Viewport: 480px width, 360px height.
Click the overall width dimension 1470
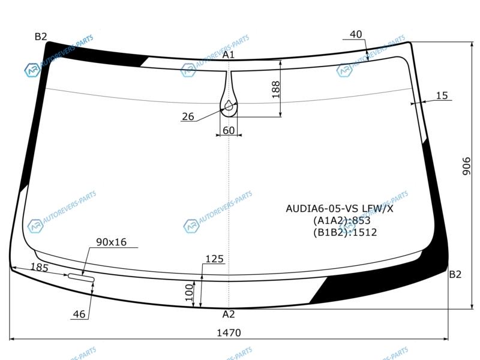point(229,332)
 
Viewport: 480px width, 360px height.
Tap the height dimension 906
point(466,166)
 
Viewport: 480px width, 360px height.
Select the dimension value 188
point(276,89)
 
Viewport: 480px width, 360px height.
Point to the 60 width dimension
point(229,130)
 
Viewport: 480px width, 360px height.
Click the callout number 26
point(188,116)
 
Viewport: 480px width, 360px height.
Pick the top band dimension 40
point(356,34)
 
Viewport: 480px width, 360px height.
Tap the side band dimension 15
point(442,95)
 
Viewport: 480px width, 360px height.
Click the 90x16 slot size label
point(112,242)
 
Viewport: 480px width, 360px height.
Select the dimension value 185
point(40,267)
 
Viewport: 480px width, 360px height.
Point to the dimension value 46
point(79,314)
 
